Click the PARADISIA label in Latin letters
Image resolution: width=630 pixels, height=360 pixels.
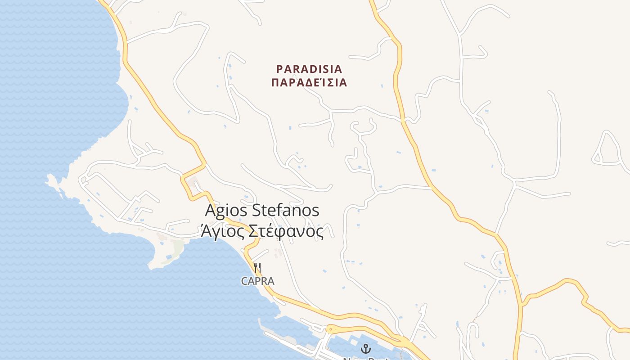pos(309,69)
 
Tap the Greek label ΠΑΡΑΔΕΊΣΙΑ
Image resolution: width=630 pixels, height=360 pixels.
pos(309,83)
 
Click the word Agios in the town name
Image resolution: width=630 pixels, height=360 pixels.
pos(226,210)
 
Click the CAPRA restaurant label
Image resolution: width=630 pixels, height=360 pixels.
pos(257,281)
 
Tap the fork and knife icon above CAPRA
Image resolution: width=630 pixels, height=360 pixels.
pos(257,268)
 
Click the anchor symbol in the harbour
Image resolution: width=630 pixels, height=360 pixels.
pos(365,348)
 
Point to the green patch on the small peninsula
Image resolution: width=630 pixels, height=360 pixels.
pos(178,247)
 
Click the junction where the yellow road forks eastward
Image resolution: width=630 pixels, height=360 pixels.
pos(522,302)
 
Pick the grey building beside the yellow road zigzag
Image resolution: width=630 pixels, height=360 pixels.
pos(194,183)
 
